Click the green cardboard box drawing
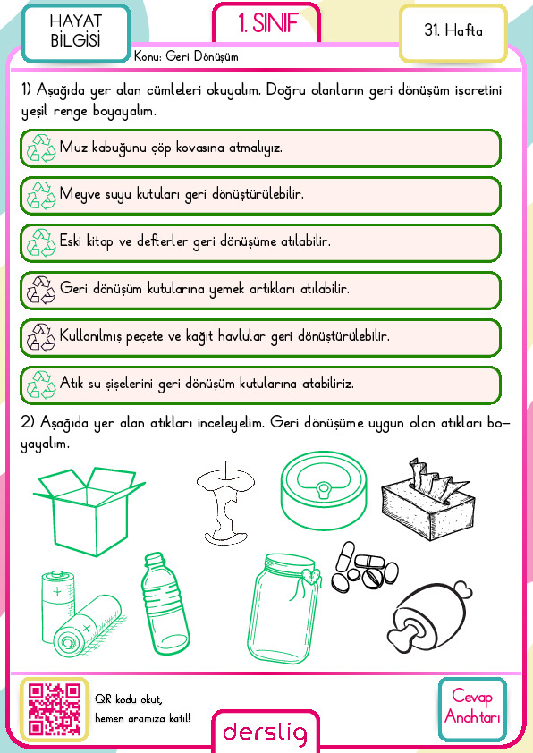click(89, 512)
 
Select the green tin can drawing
click(324, 490)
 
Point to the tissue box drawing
click(428, 499)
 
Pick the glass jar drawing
click(283, 609)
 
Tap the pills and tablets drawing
click(365, 568)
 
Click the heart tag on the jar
click(311, 575)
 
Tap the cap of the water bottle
click(154, 559)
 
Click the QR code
click(55, 709)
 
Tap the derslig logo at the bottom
click(265, 732)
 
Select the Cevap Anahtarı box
click(472, 709)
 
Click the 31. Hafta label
click(453, 30)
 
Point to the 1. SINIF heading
click(267, 23)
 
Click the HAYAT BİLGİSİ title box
click(75, 32)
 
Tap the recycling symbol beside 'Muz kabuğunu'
click(41, 148)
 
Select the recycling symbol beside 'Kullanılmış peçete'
click(41, 337)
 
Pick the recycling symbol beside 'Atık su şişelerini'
click(41, 385)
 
